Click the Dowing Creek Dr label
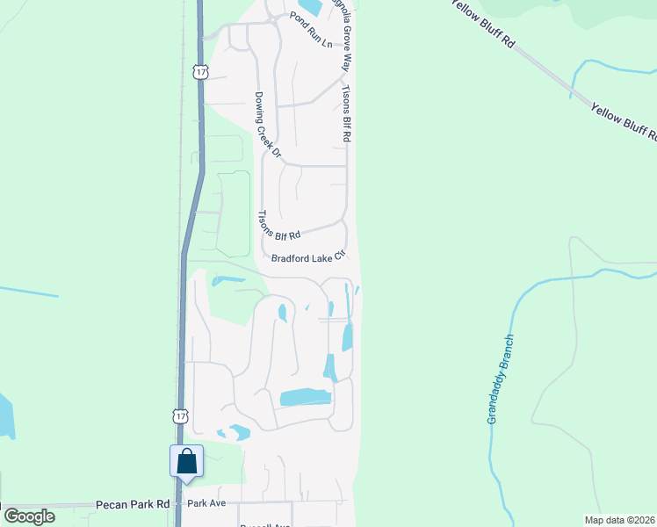coord(267,125)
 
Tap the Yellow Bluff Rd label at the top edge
coord(480,21)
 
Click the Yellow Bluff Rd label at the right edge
coord(625,122)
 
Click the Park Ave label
coord(207,503)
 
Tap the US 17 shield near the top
coord(201,71)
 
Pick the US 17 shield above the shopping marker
coord(179,415)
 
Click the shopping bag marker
coord(187,462)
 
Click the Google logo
coord(29,516)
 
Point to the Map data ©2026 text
coord(620,520)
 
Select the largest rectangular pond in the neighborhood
coord(305,398)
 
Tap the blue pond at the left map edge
coord(5,416)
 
